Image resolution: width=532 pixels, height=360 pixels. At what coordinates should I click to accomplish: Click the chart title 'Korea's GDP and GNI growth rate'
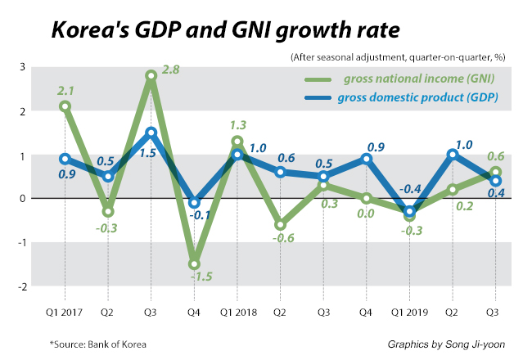pos(225,30)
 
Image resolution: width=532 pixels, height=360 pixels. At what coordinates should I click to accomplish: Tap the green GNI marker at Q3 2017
pos(151,75)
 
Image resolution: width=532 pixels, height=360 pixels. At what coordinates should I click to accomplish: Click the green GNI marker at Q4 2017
pos(194,264)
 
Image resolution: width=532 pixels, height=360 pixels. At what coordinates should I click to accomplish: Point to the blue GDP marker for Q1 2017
pos(65,159)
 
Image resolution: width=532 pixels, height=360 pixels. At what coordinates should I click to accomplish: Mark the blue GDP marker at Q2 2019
pos(452,154)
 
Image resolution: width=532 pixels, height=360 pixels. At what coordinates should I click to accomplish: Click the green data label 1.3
pos(237,125)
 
